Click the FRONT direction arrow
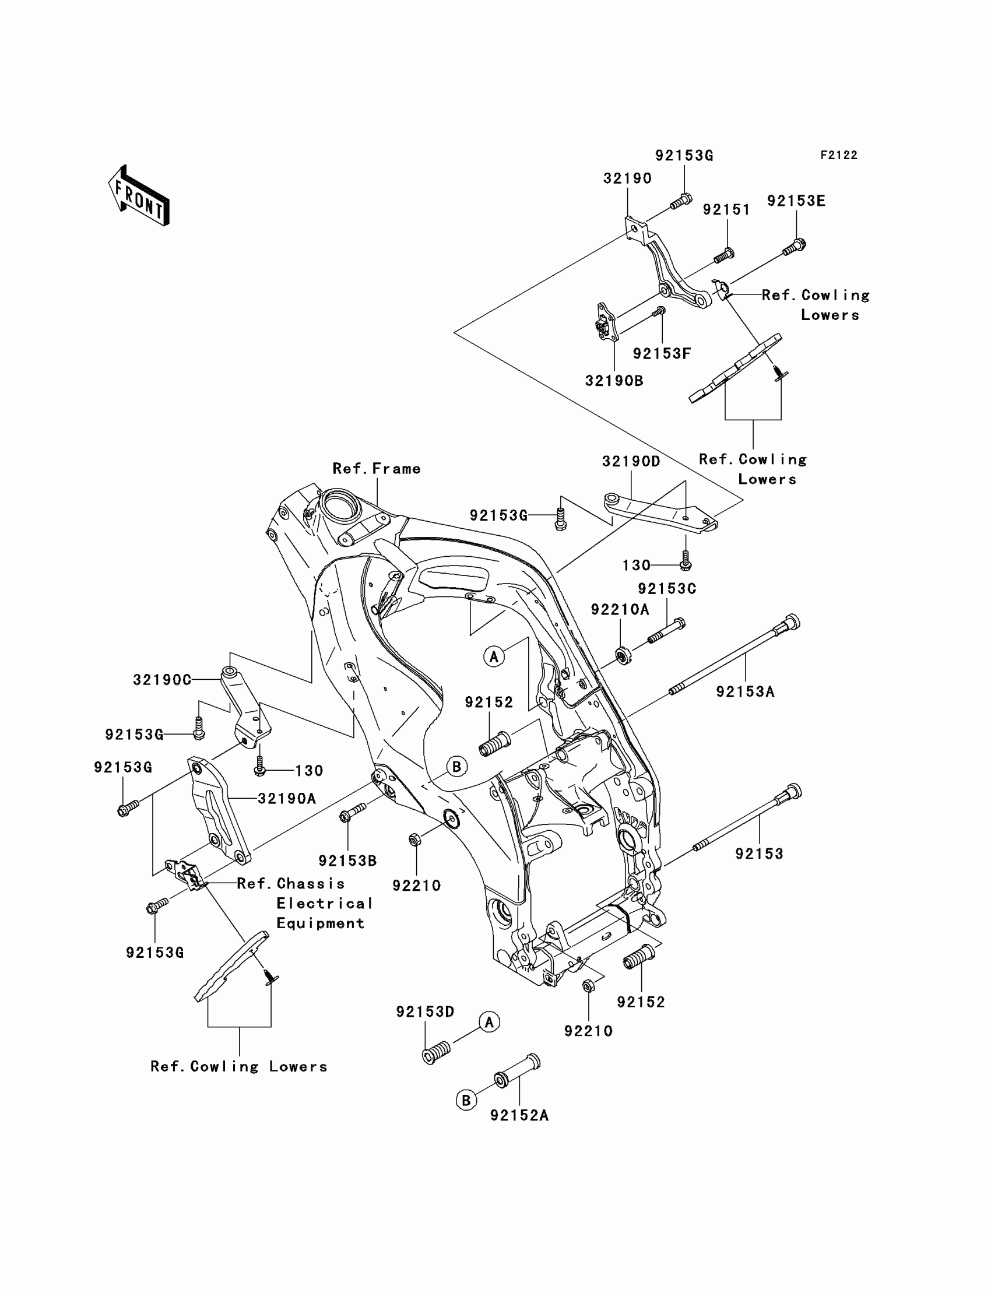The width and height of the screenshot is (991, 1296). tap(139, 196)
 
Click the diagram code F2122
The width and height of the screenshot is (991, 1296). tap(839, 155)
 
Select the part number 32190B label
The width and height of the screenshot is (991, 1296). tap(614, 381)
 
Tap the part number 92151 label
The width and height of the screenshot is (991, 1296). tap(726, 210)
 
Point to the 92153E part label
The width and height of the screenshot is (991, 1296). tap(796, 201)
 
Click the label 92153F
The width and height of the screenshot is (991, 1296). tap(662, 353)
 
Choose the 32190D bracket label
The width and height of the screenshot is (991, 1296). tap(631, 461)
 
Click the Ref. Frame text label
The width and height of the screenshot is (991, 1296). tap(377, 468)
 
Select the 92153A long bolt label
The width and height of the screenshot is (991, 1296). tap(745, 691)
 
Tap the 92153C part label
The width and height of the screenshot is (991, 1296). tap(666, 589)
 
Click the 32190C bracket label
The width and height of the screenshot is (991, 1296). tap(161, 680)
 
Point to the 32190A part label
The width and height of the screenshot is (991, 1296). tap(287, 799)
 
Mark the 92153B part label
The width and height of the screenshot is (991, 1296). tap(347, 861)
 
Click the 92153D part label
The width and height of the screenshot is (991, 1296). tap(425, 1012)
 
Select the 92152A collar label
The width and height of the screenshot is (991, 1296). tap(519, 1115)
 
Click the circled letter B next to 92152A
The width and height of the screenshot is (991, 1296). tap(466, 1101)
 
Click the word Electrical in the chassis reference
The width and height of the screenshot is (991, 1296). tap(325, 903)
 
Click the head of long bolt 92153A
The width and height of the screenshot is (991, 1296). tap(791, 621)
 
